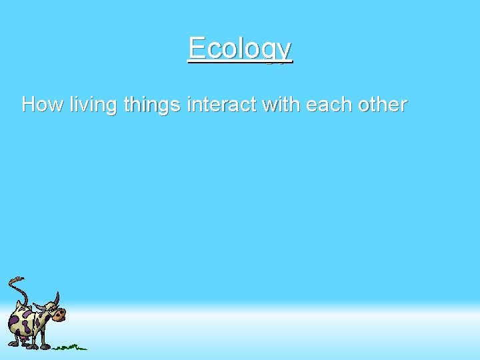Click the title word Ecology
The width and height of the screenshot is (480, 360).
point(239,48)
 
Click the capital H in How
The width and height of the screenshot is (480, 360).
point(29,105)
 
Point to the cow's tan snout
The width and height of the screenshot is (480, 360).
point(60,313)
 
